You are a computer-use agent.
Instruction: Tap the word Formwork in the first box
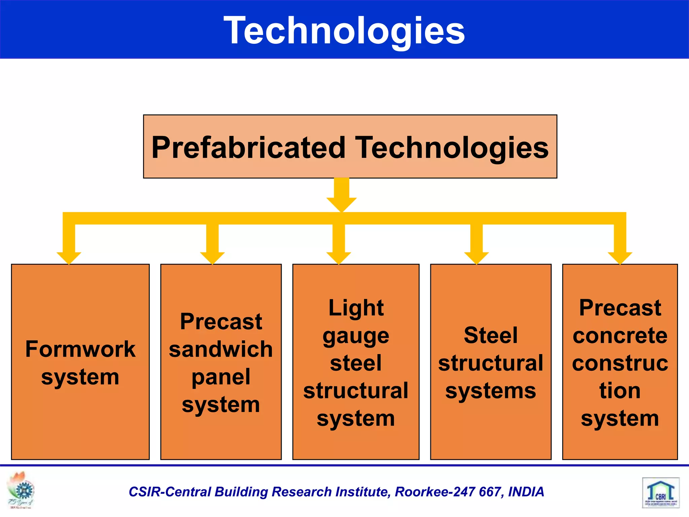(80, 349)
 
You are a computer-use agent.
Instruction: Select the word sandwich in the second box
(221, 349)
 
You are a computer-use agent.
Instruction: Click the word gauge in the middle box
(356, 336)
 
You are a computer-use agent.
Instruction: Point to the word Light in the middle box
(356, 308)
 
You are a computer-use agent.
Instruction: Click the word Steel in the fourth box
(491, 335)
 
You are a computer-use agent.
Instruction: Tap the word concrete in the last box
(620, 335)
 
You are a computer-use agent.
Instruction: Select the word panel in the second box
(221, 377)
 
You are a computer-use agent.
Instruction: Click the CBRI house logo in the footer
(660, 492)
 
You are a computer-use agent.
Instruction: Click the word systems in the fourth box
(491, 391)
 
